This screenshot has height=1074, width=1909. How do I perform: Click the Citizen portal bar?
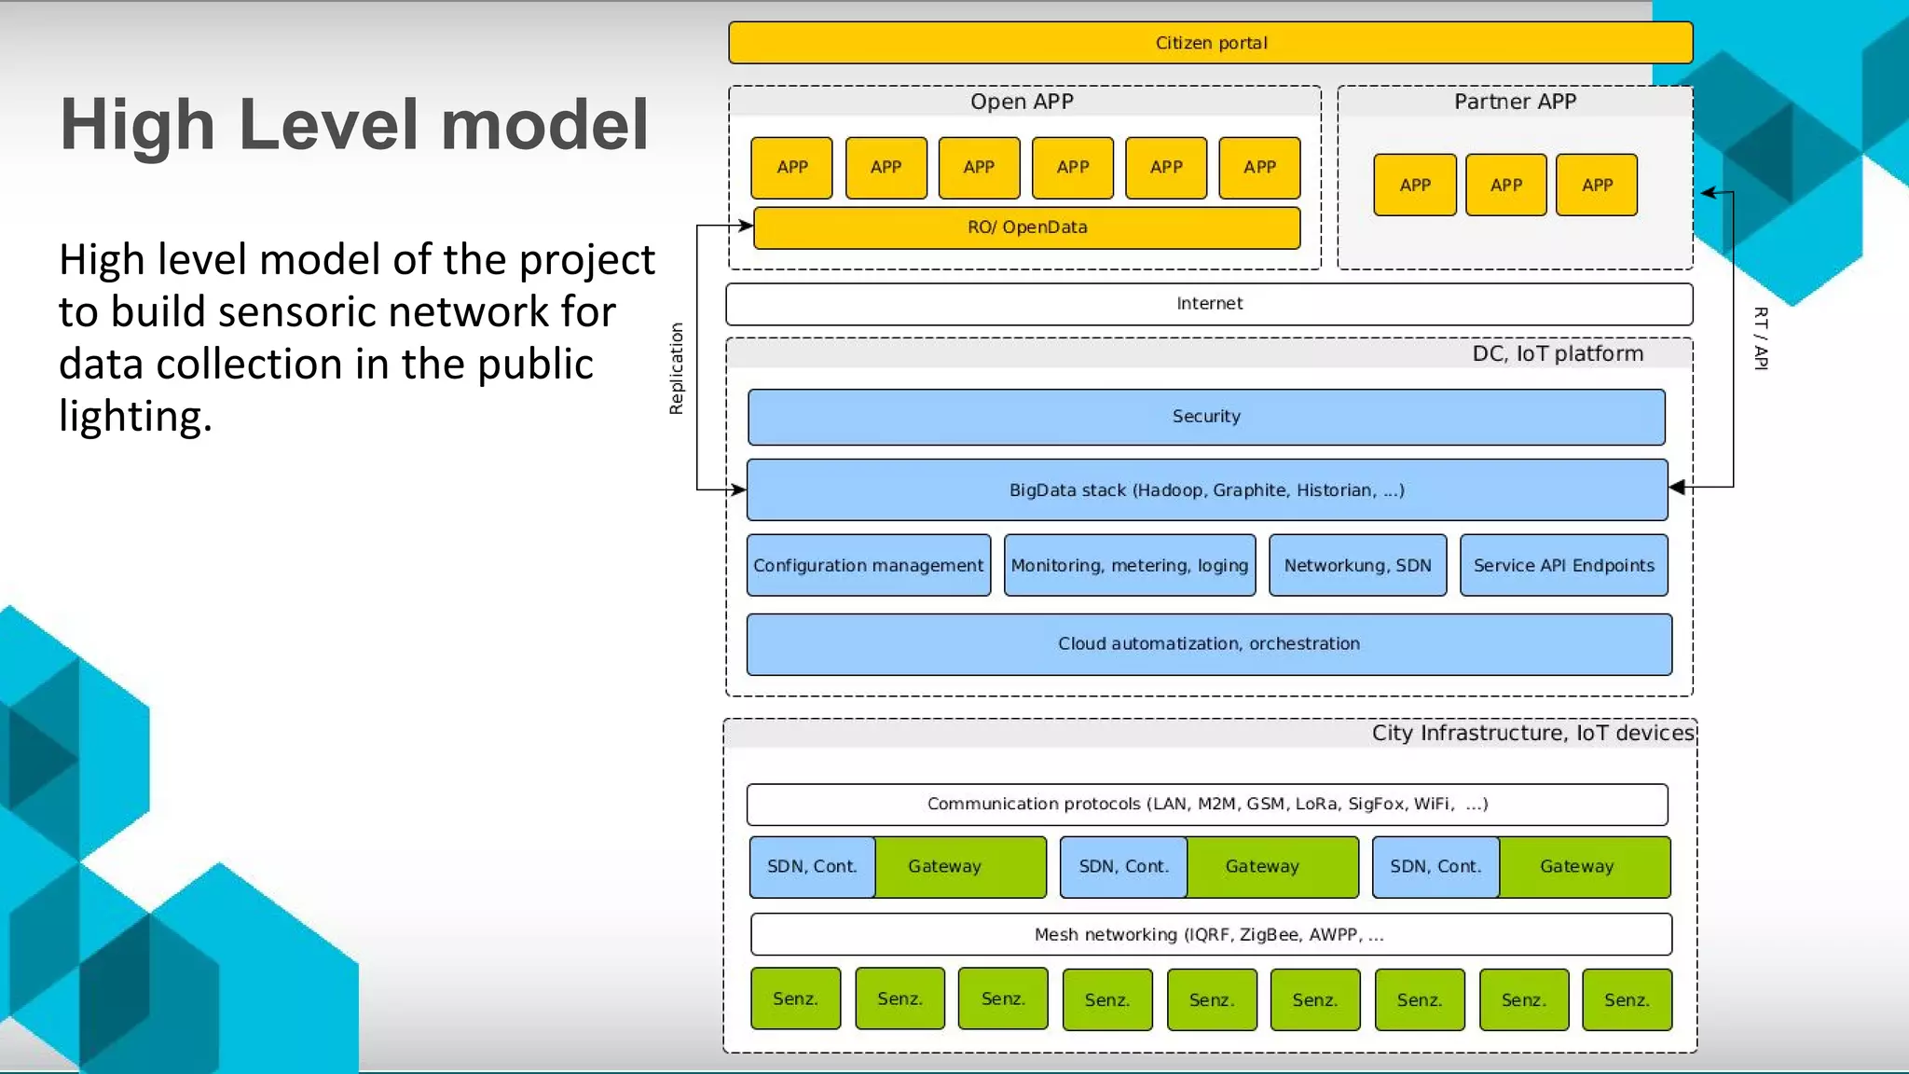(x=1210, y=43)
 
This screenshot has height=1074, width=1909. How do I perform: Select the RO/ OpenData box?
(x=1026, y=227)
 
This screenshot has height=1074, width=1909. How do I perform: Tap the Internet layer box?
(x=1209, y=304)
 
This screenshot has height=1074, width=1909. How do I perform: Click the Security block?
(x=1205, y=417)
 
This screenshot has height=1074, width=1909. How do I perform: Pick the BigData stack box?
(x=1206, y=490)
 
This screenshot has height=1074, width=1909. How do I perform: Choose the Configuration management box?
(x=868, y=566)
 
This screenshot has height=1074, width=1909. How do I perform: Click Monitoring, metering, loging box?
(x=1129, y=566)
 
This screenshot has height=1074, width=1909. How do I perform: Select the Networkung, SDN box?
(x=1357, y=566)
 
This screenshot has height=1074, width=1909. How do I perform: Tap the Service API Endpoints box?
(x=1563, y=566)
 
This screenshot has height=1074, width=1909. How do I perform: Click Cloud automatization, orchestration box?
(x=1208, y=644)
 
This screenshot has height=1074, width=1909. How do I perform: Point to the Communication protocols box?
(x=1206, y=805)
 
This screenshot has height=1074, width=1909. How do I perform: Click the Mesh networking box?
(x=1210, y=935)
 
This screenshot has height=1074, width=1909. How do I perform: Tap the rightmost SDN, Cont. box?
(x=1435, y=867)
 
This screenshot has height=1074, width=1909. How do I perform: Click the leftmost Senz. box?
(x=795, y=999)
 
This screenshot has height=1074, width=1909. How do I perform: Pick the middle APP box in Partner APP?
(x=1505, y=186)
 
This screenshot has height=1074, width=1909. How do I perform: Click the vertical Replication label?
(x=677, y=368)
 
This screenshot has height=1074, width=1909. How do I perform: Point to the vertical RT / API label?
(x=1760, y=338)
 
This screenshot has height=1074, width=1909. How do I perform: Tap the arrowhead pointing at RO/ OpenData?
(x=746, y=226)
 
